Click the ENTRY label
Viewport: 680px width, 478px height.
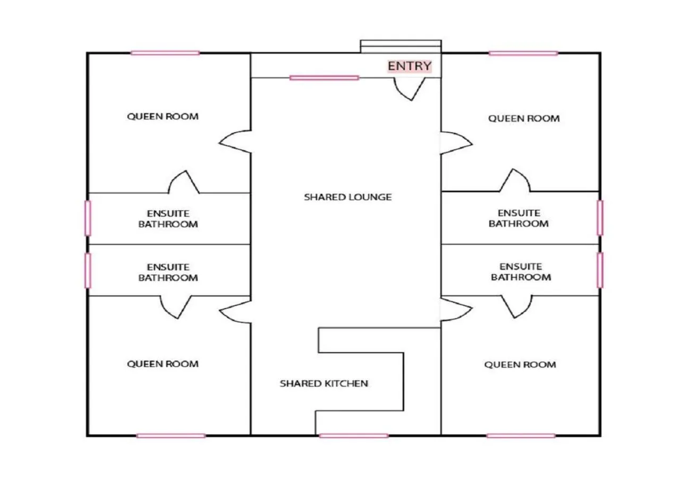point(409,66)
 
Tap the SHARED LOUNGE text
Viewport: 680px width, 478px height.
point(347,197)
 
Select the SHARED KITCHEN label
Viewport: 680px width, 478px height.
point(324,383)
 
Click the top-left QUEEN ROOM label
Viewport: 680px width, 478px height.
point(163,116)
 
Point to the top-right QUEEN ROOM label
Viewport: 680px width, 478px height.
point(524,118)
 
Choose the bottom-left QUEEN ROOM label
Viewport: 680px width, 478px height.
point(163,364)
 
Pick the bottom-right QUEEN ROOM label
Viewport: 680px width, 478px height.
point(520,365)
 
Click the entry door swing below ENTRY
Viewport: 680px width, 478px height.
point(410,88)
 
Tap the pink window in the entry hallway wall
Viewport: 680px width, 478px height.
point(324,78)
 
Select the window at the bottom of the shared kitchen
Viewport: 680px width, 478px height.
point(353,436)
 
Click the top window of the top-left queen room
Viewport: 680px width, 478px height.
point(165,53)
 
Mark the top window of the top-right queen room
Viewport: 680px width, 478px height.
point(523,53)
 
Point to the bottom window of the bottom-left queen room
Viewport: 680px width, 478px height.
point(171,436)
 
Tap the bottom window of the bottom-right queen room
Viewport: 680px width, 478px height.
point(521,436)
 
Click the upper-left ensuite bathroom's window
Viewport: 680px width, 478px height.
point(88,218)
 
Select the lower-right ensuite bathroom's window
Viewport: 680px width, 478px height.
point(600,270)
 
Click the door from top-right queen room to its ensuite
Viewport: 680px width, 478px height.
point(514,181)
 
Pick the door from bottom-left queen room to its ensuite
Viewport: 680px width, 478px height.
point(176,307)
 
